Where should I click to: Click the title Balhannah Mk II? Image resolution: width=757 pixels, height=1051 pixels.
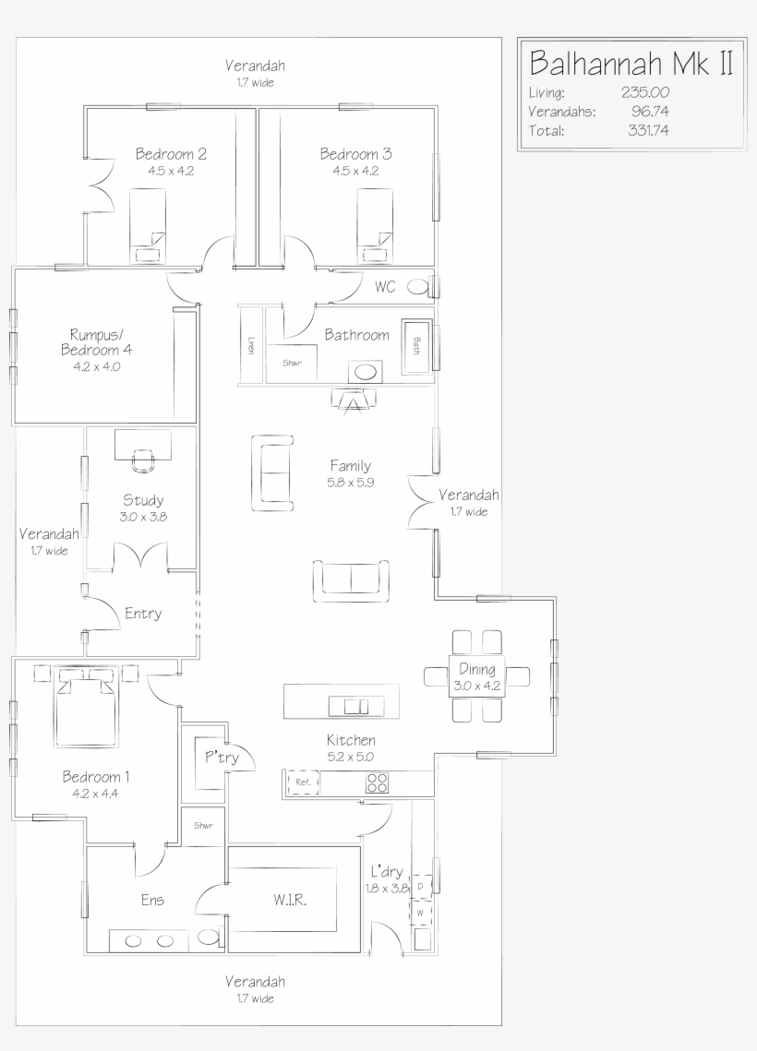click(x=631, y=64)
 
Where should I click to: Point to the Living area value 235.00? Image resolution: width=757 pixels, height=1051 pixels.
click(x=646, y=92)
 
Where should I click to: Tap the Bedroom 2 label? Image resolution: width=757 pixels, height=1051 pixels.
click(x=171, y=153)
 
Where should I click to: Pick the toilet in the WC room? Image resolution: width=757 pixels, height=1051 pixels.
click(x=418, y=287)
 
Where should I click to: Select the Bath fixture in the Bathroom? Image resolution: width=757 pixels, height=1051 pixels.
click(x=416, y=346)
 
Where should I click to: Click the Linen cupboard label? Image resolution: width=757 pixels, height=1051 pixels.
click(x=251, y=345)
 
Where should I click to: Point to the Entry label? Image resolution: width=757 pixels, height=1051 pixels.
click(x=143, y=613)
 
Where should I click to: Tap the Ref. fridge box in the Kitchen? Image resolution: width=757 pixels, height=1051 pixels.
click(x=303, y=782)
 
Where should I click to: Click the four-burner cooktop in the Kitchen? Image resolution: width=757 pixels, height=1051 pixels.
click(x=377, y=782)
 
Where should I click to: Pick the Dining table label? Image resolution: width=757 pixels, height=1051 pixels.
click(x=475, y=669)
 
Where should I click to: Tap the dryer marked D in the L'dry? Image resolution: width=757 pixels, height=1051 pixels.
click(x=420, y=886)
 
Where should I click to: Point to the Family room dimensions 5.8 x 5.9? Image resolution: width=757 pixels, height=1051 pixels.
click(x=351, y=483)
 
